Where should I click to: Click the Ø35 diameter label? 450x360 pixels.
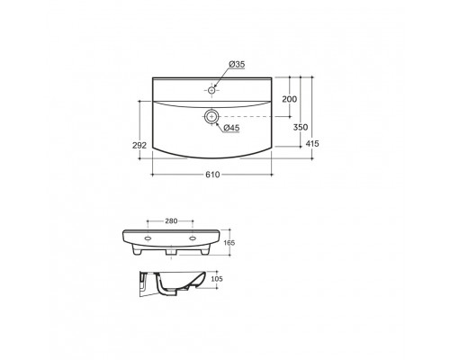237,64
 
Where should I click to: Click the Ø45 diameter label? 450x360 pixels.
231,128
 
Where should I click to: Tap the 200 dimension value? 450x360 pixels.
290,99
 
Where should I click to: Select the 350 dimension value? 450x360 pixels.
301,127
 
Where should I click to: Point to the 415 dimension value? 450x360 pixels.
312,144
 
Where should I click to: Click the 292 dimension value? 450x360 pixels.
139,145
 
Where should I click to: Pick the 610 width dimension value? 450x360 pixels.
212,175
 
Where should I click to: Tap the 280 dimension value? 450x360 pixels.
171,221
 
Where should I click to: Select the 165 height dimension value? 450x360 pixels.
229,243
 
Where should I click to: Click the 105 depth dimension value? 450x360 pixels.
217,279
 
